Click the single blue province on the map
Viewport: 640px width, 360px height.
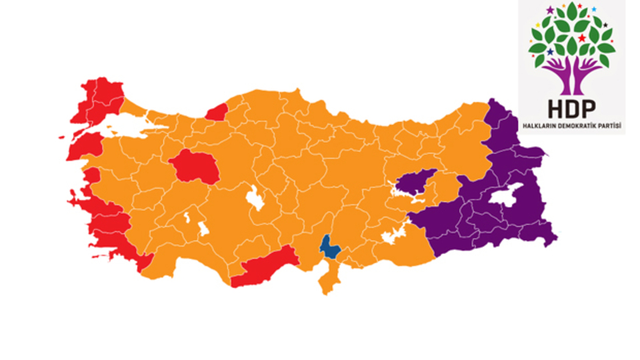(329, 247)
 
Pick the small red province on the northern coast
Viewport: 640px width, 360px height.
(217, 113)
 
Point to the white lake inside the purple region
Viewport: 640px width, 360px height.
(507, 197)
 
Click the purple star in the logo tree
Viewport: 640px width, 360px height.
(550, 10)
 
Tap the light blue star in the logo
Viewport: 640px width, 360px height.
(594, 9)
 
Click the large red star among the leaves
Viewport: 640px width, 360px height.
(581, 38)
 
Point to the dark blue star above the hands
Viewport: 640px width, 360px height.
(551, 52)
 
